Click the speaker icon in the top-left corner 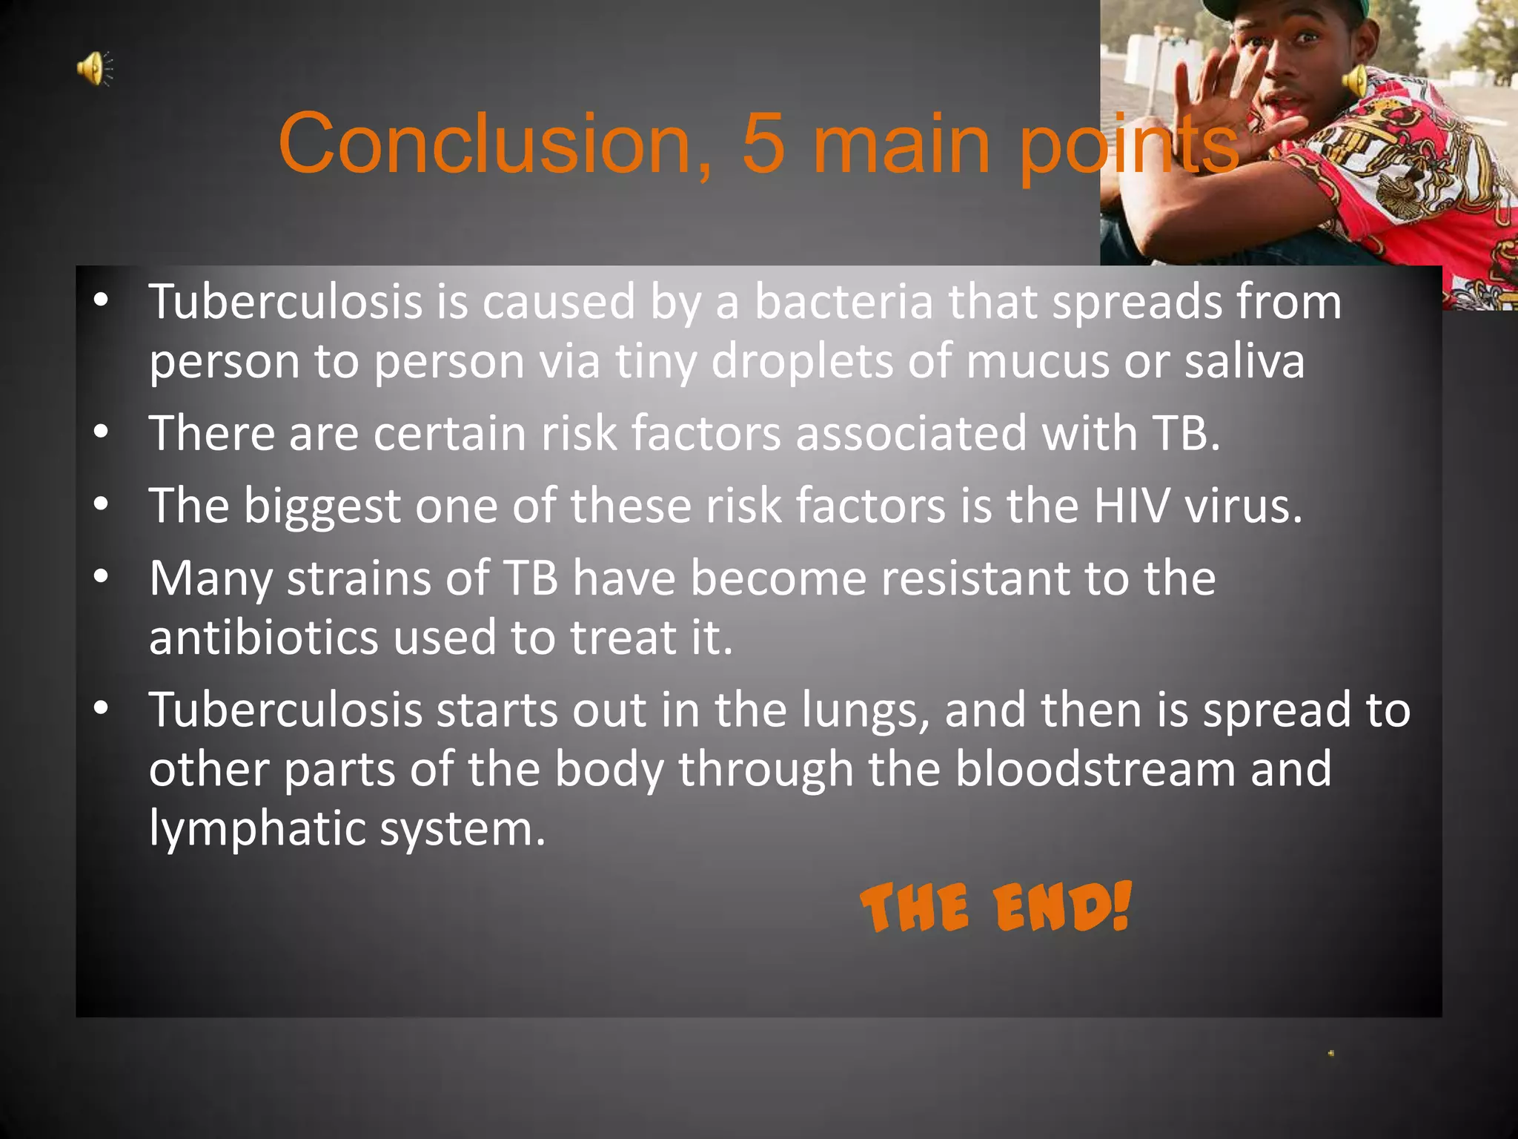(95, 69)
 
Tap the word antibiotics (263, 637)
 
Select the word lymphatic (256, 828)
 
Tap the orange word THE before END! (915, 908)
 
